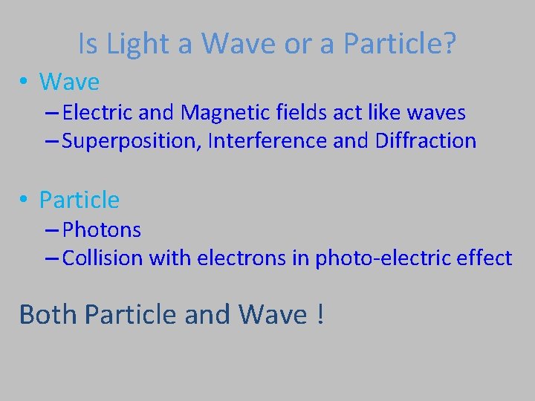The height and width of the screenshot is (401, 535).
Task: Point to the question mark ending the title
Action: [x=448, y=45]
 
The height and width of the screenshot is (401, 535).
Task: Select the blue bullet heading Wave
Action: [x=69, y=81]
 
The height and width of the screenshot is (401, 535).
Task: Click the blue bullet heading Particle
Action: [x=79, y=200]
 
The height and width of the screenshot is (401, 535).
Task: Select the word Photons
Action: [x=102, y=230]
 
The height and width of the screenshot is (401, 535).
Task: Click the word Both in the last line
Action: [x=48, y=314]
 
